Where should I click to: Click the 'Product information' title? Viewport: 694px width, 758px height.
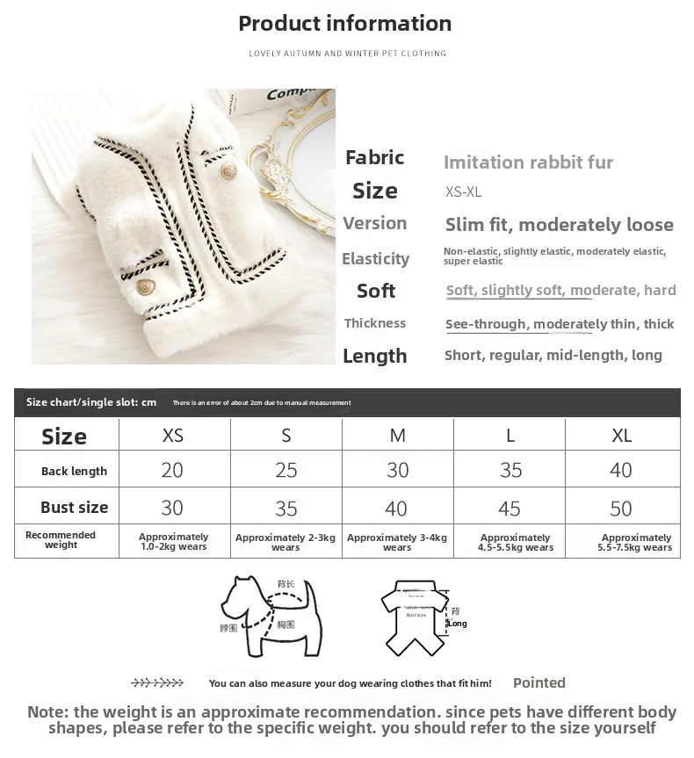click(345, 24)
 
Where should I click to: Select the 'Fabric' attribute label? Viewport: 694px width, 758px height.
click(375, 158)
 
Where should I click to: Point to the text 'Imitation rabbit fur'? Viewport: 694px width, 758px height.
click(528, 162)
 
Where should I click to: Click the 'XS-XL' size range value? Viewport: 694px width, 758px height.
click(463, 192)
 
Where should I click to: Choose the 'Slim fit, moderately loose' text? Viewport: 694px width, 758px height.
click(559, 225)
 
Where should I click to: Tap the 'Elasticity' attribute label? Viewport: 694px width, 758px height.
click(375, 259)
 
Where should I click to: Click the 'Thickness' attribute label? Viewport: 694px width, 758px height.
click(375, 323)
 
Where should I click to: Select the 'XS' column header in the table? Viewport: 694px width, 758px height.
click(173, 436)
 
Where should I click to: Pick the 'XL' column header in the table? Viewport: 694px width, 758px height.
click(621, 436)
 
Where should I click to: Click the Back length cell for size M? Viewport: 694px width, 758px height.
click(398, 471)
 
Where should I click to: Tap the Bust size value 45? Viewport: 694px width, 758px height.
click(510, 509)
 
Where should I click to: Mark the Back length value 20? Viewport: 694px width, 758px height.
click(172, 471)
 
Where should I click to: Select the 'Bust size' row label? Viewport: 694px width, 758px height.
click(75, 508)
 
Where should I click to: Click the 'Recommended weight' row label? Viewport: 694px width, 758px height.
click(61, 540)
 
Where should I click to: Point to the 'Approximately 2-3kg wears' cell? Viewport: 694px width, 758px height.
click(286, 542)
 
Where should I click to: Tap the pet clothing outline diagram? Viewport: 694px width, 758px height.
click(413, 615)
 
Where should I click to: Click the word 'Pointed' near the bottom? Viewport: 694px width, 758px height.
click(539, 682)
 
